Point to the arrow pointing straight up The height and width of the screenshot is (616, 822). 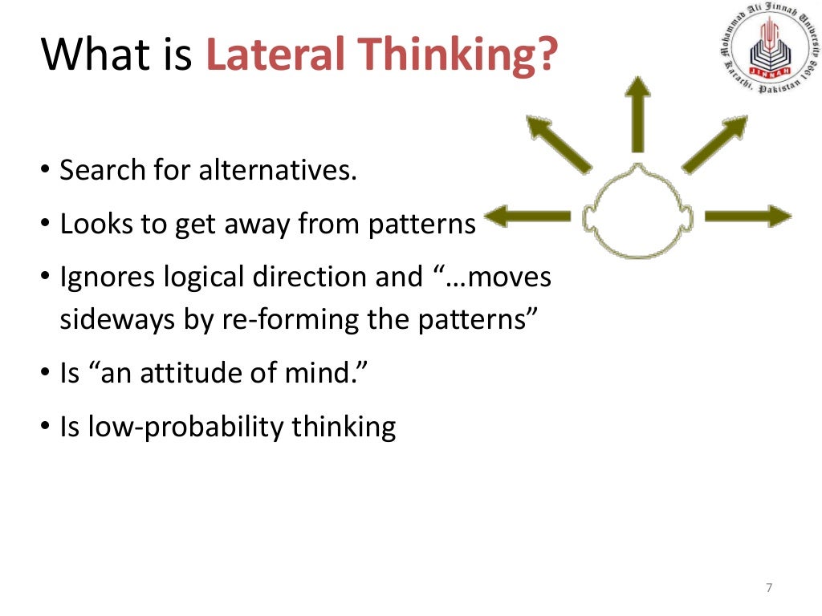[638, 112]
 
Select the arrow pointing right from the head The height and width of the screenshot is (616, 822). [747, 215]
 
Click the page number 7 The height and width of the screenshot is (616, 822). [769, 589]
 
